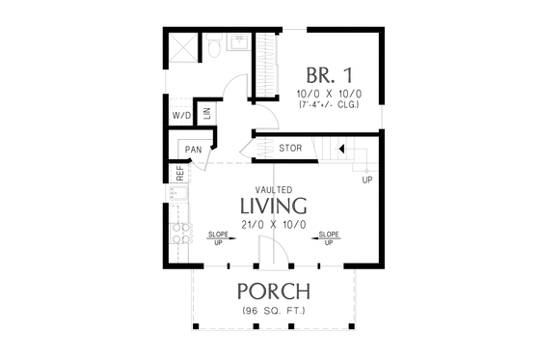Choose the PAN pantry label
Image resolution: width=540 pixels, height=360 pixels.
point(192,150)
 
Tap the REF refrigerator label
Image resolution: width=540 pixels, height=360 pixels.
point(179,174)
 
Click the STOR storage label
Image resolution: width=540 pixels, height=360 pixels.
point(291,149)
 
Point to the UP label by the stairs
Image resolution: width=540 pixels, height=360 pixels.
point(366,180)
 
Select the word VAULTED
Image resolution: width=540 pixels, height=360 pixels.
point(274,190)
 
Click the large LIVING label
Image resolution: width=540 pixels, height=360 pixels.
point(274,207)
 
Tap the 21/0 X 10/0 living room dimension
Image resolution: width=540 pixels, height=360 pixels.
point(274,225)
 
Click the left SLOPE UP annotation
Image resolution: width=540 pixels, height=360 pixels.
point(216,238)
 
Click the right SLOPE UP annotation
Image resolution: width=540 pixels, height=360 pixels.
point(329,238)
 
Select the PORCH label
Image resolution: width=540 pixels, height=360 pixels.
point(274,291)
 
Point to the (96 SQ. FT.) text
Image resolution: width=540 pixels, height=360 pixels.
point(274,311)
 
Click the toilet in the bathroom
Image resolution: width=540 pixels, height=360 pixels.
point(214,46)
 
